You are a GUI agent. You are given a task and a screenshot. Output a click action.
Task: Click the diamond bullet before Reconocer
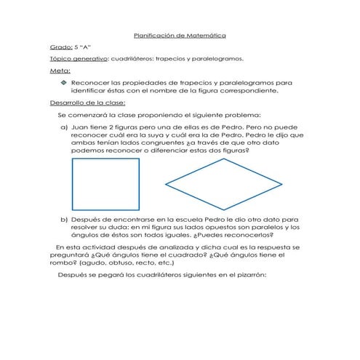point(64,84)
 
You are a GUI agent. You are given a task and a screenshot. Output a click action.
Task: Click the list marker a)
point(64,126)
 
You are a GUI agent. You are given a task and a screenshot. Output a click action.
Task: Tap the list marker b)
point(64,218)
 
